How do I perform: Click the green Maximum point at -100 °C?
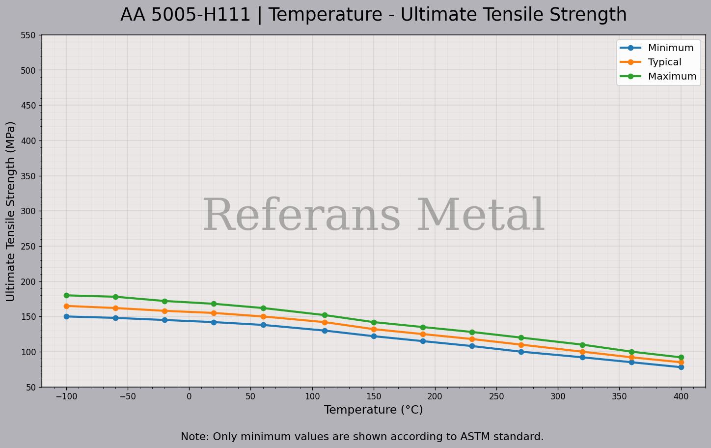pos(66,295)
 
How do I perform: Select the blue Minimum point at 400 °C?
pos(681,367)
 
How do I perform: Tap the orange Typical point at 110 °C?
pos(325,322)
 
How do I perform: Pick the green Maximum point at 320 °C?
pos(582,345)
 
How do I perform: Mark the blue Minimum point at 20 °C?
pos(214,322)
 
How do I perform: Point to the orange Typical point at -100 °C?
pos(66,306)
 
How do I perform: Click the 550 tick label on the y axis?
pos(28,35)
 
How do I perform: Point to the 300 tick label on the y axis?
pos(28,211)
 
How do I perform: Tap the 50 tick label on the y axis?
pos(30,388)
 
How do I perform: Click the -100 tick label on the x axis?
pos(66,396)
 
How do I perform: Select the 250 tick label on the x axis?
pos(496,396)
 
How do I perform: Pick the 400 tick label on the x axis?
pos(681,396)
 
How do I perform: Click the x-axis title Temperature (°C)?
pos(373,410)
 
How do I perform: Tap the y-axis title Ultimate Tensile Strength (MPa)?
pos(11,211)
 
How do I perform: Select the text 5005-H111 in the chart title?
pos(201,15)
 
